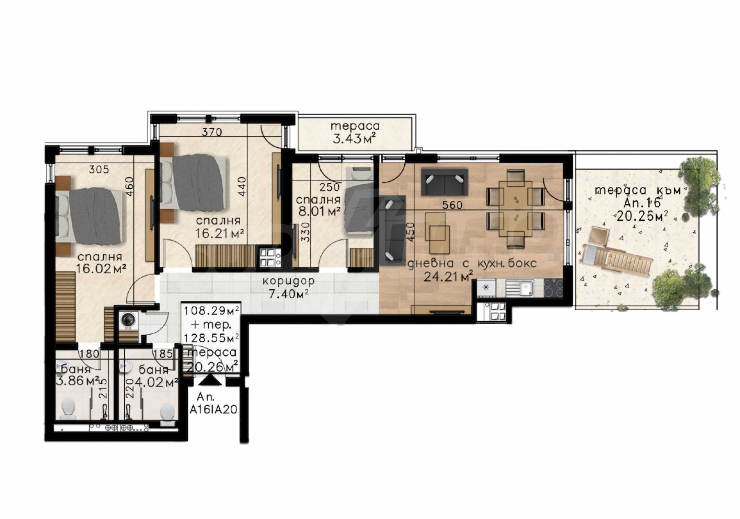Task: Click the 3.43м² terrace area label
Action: [354, 139]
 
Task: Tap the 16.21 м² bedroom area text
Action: [219, 233]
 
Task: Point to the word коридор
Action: [288, 281]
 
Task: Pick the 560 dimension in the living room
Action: [452, 205]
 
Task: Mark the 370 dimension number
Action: [212, 132]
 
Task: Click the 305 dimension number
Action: [99, 169]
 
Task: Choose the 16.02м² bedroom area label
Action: [101, 268]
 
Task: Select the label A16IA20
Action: [213, 410]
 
